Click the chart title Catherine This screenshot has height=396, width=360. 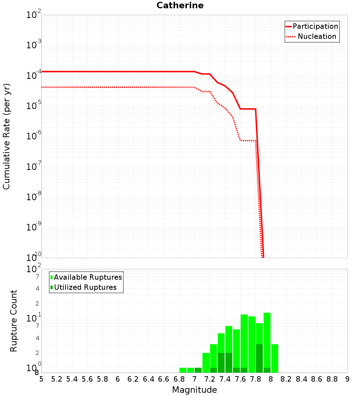click(180, 6)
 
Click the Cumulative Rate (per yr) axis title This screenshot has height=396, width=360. click(6, 136)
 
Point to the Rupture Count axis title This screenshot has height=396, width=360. click(14, 321)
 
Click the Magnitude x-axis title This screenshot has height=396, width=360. click(194, 390)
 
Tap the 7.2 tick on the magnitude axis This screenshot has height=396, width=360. click(210, 379)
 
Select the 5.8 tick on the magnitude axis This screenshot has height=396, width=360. click(103, 379)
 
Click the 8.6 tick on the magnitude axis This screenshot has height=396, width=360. click(317, 379)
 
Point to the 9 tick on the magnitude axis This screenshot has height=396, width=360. click(347, 379)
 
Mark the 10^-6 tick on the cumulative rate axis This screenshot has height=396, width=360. click(34, 136)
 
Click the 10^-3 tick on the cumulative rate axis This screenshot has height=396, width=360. click(34, 45)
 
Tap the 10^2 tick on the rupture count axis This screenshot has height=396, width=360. click(34, 269)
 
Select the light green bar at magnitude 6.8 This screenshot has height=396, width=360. click(183, 370)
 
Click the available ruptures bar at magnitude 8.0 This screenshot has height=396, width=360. click(275, 358)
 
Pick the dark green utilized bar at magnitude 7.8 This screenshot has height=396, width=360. click(259, 358)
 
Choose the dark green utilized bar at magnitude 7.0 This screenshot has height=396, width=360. click(198, 370)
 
